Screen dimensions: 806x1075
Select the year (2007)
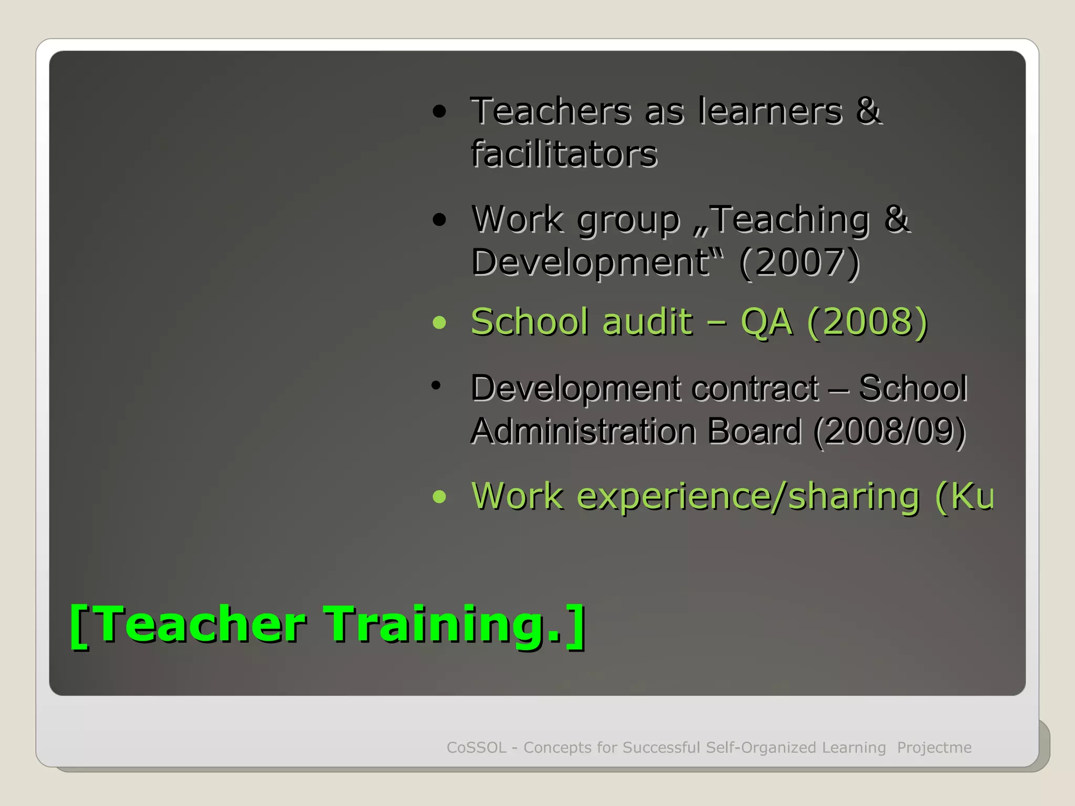[799, 262]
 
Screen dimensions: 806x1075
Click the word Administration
[583, 431]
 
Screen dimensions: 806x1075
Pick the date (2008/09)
[889, 431]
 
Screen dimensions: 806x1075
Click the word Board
[754, 431]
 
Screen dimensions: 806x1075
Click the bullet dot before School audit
[439, 322]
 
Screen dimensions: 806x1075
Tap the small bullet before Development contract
[435, 386]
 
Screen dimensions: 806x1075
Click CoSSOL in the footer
[476, 747]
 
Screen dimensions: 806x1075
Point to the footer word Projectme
[934, 747]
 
